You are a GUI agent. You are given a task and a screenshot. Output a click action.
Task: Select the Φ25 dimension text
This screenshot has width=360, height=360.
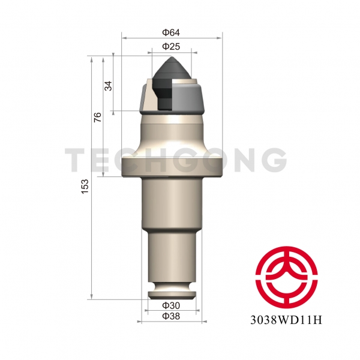pyautogui.click(x=172, y=46)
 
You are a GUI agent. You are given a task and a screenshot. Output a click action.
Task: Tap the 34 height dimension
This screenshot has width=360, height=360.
pyautogui.click(x=108, y=85)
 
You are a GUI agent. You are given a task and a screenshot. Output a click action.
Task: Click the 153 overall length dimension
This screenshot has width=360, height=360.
pyautogui.click(x=85, y=185)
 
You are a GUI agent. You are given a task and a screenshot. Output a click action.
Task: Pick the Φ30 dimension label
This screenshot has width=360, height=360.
pyautogui.click(x=171, y=305)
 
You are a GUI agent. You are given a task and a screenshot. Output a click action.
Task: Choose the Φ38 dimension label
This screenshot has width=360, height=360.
pyautogui.click(x=171, y=316)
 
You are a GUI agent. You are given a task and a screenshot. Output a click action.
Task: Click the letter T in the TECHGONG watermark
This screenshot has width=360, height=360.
pyautogui.click(x=77, y=160)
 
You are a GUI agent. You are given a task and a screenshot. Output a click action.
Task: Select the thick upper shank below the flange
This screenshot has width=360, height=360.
pyautogui.click(x=172, y=204)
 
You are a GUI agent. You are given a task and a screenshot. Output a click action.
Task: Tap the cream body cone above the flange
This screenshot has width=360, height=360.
pyautogui.click(x=172, y=135)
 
